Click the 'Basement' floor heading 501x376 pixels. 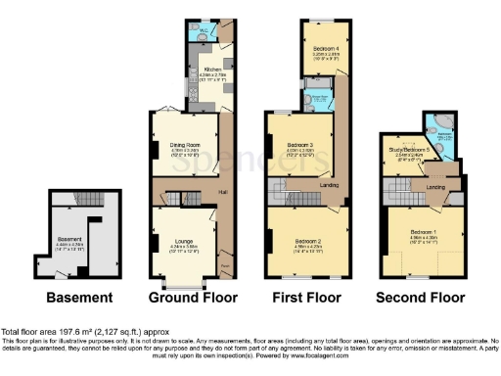tap(77, 298)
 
